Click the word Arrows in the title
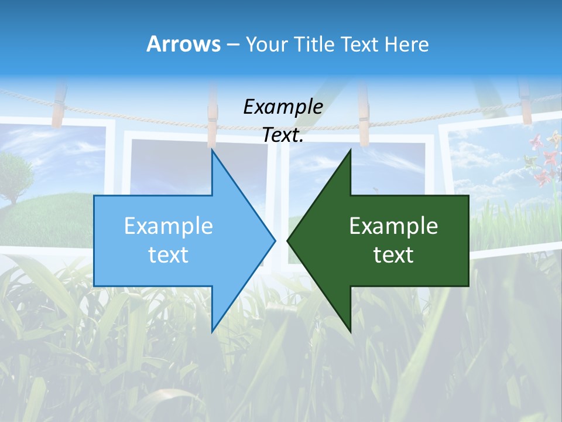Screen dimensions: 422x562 (183, 44)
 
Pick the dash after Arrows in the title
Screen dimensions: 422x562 (232, 45)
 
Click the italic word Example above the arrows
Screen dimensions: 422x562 (283, 107)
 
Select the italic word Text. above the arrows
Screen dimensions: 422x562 (283, 135)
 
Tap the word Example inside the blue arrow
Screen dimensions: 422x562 (169, 226)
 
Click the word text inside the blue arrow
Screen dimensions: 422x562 (169, 254)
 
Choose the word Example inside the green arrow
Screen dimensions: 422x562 (393, 226)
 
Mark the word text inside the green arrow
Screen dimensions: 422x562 (393, 254)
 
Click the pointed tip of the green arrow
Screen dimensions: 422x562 (288, 240)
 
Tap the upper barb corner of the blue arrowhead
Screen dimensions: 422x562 (212, 150)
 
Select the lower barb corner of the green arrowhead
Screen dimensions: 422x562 (350, 331)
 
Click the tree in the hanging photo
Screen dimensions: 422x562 (13, 173)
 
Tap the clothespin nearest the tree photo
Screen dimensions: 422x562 (58, 105)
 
